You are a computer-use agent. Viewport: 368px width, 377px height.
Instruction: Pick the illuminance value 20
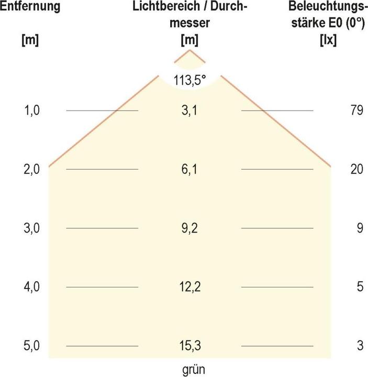coord(356,170)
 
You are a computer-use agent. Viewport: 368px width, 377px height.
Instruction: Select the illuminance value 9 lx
coord(359,228)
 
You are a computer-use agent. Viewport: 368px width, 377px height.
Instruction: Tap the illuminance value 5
coord(359,287)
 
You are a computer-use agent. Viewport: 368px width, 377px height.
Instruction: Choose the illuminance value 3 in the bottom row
coord(359,346)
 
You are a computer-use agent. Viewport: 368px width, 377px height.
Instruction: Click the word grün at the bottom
coord(189,369)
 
